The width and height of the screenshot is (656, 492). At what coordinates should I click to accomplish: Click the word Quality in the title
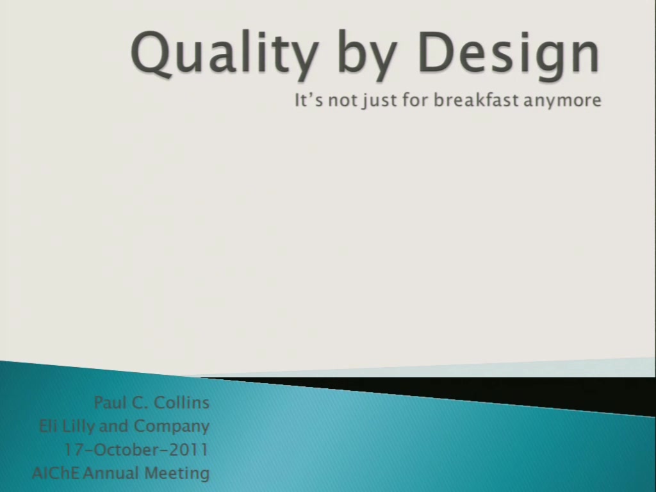pos(224,54)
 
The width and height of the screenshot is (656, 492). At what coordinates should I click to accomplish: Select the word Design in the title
pos(509,54)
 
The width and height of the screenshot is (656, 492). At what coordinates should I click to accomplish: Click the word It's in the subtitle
pos(309,100)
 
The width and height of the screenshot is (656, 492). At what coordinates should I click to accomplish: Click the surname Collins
pos(181,402)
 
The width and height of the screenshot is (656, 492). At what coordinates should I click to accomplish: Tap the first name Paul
pos(110,402)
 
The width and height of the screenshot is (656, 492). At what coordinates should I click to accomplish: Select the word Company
pos(172,427)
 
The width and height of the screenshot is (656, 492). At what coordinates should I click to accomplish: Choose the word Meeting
pos(177,473)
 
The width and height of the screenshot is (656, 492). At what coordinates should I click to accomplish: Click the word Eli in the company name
pos(47,426)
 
